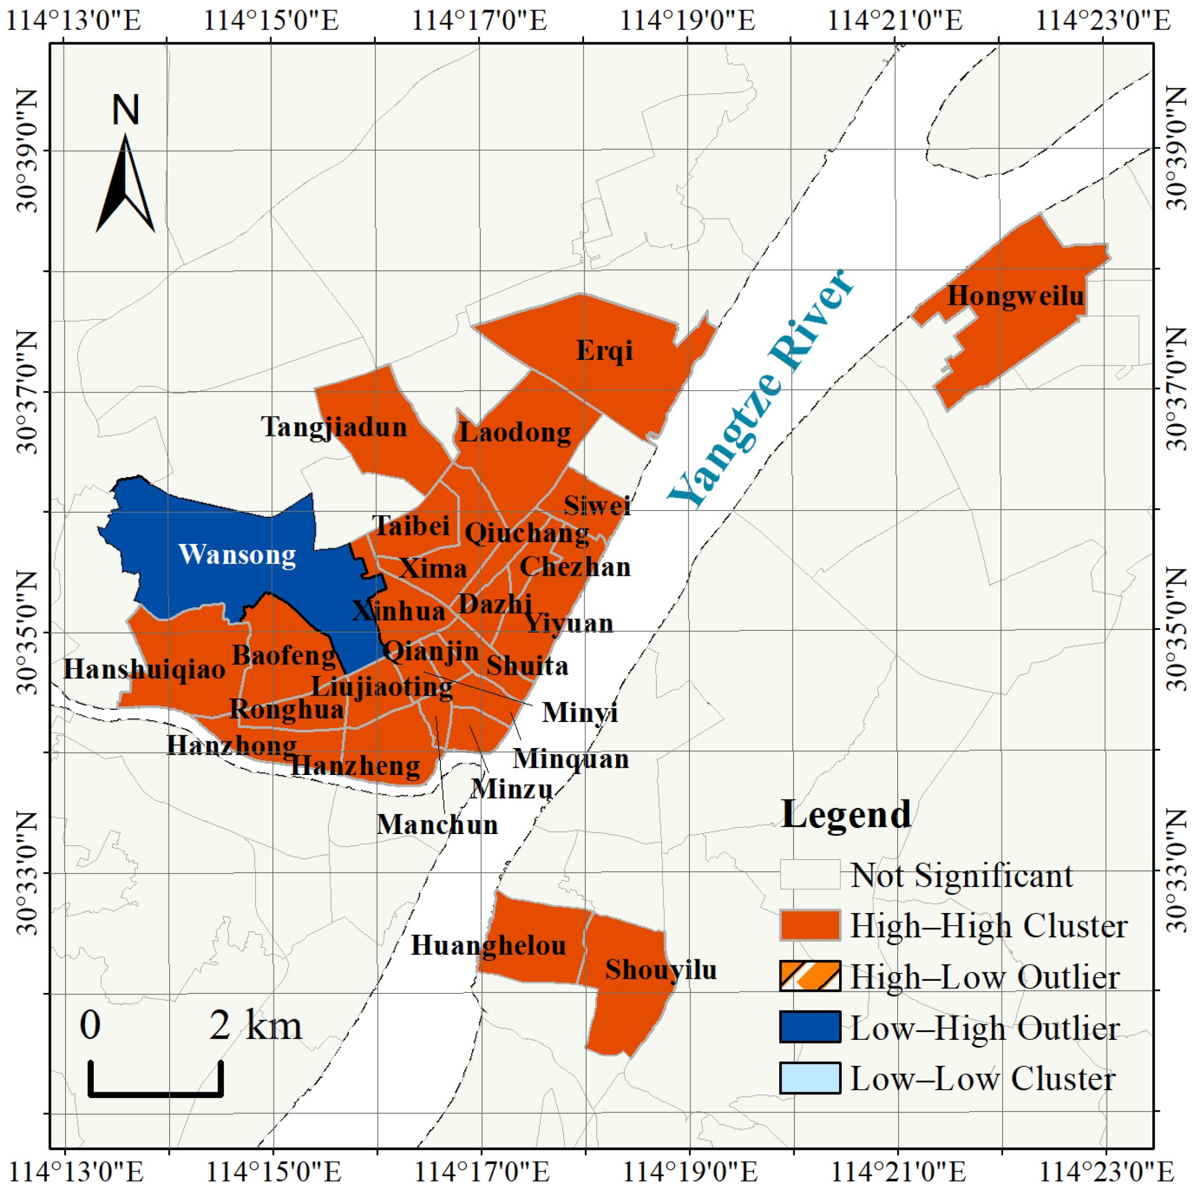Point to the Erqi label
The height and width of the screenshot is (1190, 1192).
[604, 350]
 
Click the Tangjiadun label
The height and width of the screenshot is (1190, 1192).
[334, 427]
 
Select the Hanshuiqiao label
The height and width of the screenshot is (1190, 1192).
[145, 669]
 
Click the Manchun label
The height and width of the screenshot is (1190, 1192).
[437, 825]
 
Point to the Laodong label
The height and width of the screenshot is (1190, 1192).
[515, 432]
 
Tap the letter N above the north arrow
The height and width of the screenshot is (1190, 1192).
[126, 110]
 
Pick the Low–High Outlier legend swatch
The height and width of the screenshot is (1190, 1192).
[810, 1027]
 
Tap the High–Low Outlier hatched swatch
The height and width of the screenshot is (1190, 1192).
[810, 977]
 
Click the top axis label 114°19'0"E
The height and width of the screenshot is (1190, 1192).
[687, 21]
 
